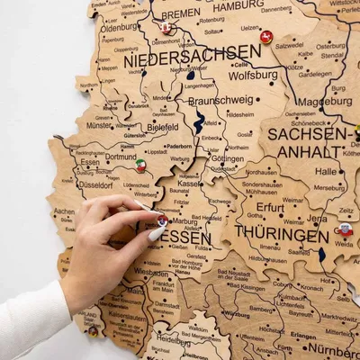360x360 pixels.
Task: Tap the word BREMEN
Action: pos(181,13)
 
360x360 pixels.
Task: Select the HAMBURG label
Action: pos(240,5)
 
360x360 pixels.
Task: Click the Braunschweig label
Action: pos(220,101)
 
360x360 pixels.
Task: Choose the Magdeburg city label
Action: pos(324,102)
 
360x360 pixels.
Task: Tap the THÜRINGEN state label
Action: pos(282,234)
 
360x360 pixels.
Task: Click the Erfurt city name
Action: pos(270,207)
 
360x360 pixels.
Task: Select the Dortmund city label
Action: pos(121,157)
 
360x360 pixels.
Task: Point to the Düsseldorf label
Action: pos(94,184)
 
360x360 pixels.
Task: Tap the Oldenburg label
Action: pos(119,27)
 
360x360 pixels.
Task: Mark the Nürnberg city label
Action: pos(333,348)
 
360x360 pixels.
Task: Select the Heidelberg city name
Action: pos(173,339)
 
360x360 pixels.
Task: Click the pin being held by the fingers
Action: pos(162,220)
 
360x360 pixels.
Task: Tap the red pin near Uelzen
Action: pos(266,36)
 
